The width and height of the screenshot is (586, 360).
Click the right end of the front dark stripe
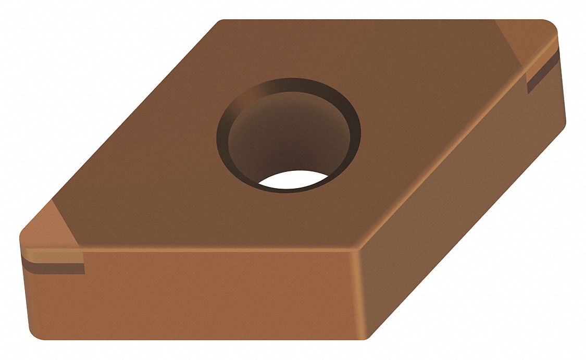(x=83, y=269)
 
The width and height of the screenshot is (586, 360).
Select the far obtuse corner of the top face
(x=221, y=22)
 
